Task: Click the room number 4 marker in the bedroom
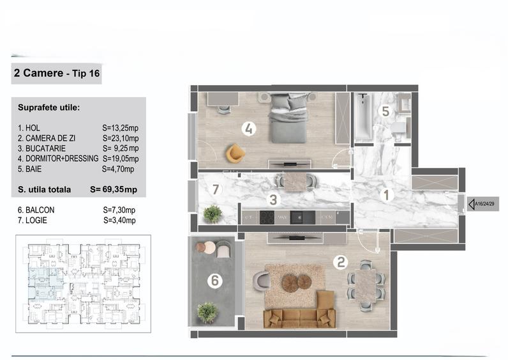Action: click(250, 129)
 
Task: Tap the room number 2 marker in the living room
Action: click(341, 261)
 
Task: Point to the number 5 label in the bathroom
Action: click(385, 111)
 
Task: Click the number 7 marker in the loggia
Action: click(216, 189)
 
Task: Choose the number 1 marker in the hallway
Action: click(386, 196)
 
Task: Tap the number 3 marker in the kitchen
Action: click(273, 200)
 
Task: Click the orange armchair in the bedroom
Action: click(235, 153)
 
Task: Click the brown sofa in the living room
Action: click(300, 315)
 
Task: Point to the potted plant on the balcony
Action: click(207, 312)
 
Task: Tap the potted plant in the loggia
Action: click(212, 213)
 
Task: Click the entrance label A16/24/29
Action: click(484, 205)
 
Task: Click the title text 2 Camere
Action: click(38, 74)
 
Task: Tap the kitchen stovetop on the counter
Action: click(266, 217)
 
